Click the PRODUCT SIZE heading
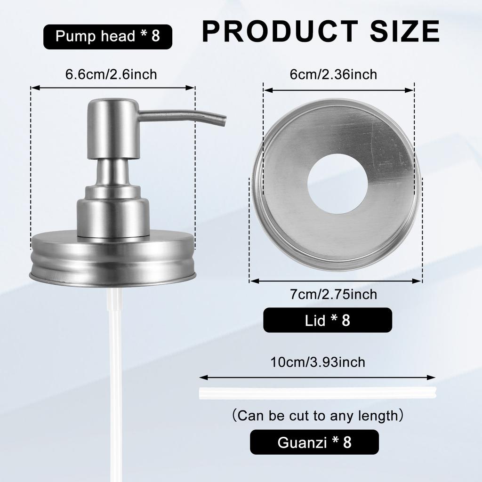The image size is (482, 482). tap(321, 31)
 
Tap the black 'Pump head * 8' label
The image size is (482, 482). tap(108, 37)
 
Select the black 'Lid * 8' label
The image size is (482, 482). tap(327, 320)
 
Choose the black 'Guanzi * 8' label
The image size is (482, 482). tap(314, 442)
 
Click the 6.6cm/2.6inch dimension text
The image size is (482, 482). tap(111, 74)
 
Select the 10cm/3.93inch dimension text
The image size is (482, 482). tap(318, 362)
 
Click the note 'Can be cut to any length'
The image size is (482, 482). tap(318, 416)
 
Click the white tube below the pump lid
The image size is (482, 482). tap(113, 377)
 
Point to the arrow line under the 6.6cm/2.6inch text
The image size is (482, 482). tap(113, 87)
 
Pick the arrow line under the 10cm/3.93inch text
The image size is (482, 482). tap(318, 377)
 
